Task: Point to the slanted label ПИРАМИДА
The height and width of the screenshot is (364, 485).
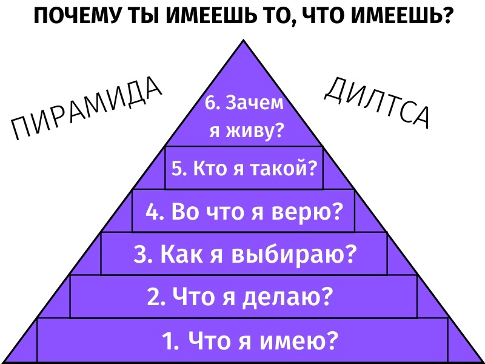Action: pos(87,110)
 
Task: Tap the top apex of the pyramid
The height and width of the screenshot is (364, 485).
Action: pos(244,41)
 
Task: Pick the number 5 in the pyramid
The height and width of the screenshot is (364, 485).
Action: pos(177,169)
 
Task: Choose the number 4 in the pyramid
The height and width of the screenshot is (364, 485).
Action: pos(153,212)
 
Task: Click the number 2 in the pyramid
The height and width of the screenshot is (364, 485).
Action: pos(153,297)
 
